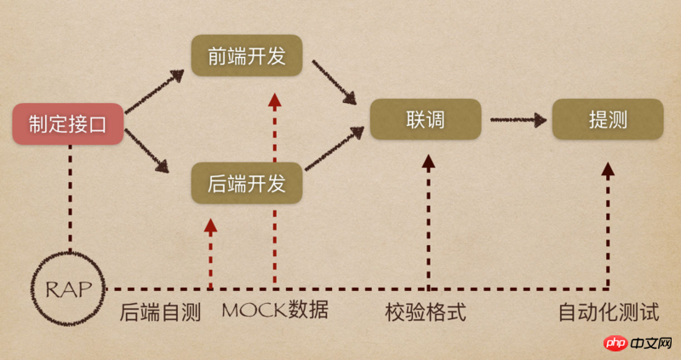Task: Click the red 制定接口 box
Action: (68, 123)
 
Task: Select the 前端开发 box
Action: (247, 55)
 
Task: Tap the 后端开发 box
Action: (247, 183)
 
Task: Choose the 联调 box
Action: (426, 119)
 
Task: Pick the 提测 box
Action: (608, 119)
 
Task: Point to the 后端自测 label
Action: (160, 312)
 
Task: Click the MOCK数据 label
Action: (275, 310)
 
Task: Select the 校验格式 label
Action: (426, 312)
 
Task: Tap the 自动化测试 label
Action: (609, 312)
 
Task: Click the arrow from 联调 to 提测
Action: (518, 119)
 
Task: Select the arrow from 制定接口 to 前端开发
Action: (155, 92)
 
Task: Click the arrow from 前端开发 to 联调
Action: (335, 82)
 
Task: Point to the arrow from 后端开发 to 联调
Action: (335, 148)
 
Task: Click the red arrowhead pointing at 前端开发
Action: (274, 100)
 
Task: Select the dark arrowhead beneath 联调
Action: (429, 162)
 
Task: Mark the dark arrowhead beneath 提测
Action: (608, 169)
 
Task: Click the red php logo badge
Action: (615, 344)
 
